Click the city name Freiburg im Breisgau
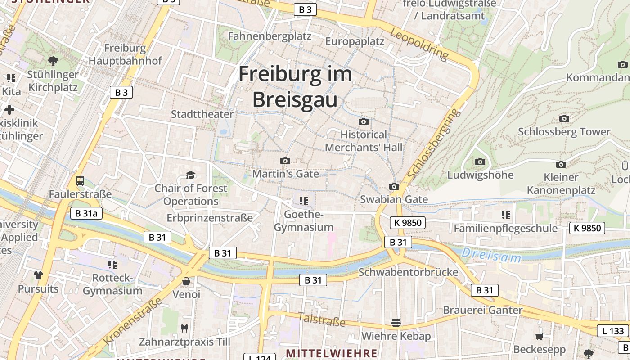(295, 86)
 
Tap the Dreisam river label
(491, 255)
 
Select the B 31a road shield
(86, 213)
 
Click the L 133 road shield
(612, 331)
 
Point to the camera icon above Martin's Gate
(285, 161)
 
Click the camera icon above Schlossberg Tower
(564, 118)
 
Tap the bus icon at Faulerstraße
(80, 181)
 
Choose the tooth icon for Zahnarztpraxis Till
(184, 328)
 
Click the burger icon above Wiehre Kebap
(396, 322)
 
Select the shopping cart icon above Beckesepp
(539, 336)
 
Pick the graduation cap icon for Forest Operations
(191, 175)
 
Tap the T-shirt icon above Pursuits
(38, 275)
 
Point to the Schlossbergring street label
(434, 143)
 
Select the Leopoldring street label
(419, 45)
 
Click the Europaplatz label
(355, 41)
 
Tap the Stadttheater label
(202, 114)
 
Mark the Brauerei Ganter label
(482, 310)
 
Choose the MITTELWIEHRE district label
(331, 353)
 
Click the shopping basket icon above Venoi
(186, 281)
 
